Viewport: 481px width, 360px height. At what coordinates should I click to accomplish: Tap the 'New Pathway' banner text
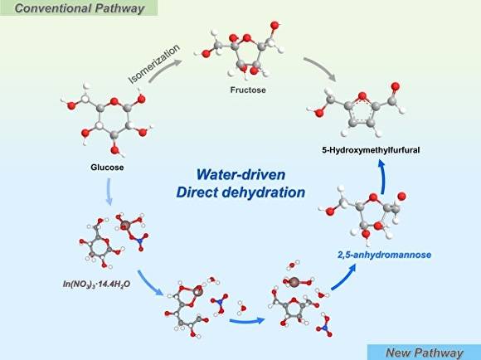tap(427, 351)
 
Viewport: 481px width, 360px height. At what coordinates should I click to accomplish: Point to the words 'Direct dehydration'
tap(240, 192)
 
